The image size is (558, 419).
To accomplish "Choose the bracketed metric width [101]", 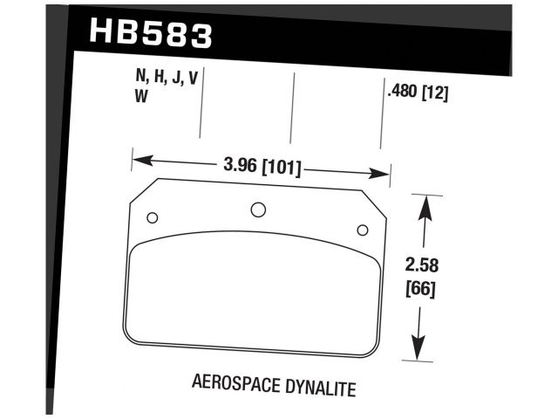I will tap(280, 166).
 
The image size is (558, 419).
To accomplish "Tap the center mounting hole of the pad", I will tap(258, 209).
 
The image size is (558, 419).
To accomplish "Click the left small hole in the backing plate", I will tap(152, 218).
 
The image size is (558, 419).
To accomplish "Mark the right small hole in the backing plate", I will tap(363, 230).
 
